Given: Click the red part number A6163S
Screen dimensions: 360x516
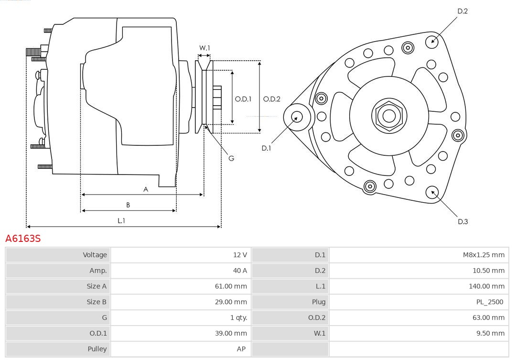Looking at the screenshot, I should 23,238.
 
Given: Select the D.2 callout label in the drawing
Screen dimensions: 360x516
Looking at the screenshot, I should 462,11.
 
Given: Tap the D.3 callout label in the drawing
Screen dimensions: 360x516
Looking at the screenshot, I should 462,221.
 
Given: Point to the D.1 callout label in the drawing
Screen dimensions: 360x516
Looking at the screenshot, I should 266,148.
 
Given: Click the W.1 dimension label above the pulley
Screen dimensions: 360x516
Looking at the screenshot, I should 204,48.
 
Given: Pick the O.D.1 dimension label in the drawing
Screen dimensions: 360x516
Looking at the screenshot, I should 243,99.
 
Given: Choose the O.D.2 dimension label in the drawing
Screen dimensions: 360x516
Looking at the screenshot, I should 271,99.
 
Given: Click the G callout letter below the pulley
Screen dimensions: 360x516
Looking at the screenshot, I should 231,158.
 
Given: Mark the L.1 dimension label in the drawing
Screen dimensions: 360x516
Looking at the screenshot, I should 121,220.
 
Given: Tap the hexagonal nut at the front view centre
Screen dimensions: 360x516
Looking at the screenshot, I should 389,116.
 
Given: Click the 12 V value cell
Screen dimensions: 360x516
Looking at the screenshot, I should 240,255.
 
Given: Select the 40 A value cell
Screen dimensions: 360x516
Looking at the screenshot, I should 240,271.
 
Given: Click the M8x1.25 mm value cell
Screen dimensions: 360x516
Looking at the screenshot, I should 483,255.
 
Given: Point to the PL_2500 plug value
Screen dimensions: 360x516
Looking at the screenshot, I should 490,302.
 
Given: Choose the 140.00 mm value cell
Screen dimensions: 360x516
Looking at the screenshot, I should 486,286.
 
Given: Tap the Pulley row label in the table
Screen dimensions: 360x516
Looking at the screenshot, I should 97,349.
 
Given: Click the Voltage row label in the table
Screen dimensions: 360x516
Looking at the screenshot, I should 95,255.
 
